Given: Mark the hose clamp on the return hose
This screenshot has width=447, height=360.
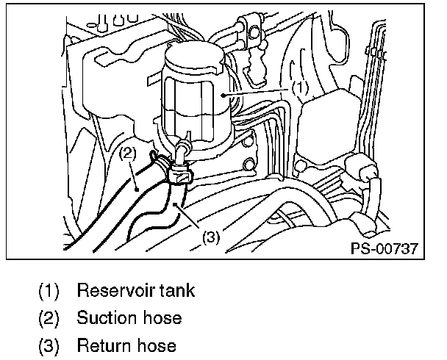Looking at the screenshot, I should [x=179, y=173].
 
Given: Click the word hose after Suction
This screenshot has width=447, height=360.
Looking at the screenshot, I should [x=159, y=318].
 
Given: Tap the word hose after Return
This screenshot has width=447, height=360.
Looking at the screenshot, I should [x=153, y=345].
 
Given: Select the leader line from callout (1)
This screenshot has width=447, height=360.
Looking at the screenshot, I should [x=257, y=92].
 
